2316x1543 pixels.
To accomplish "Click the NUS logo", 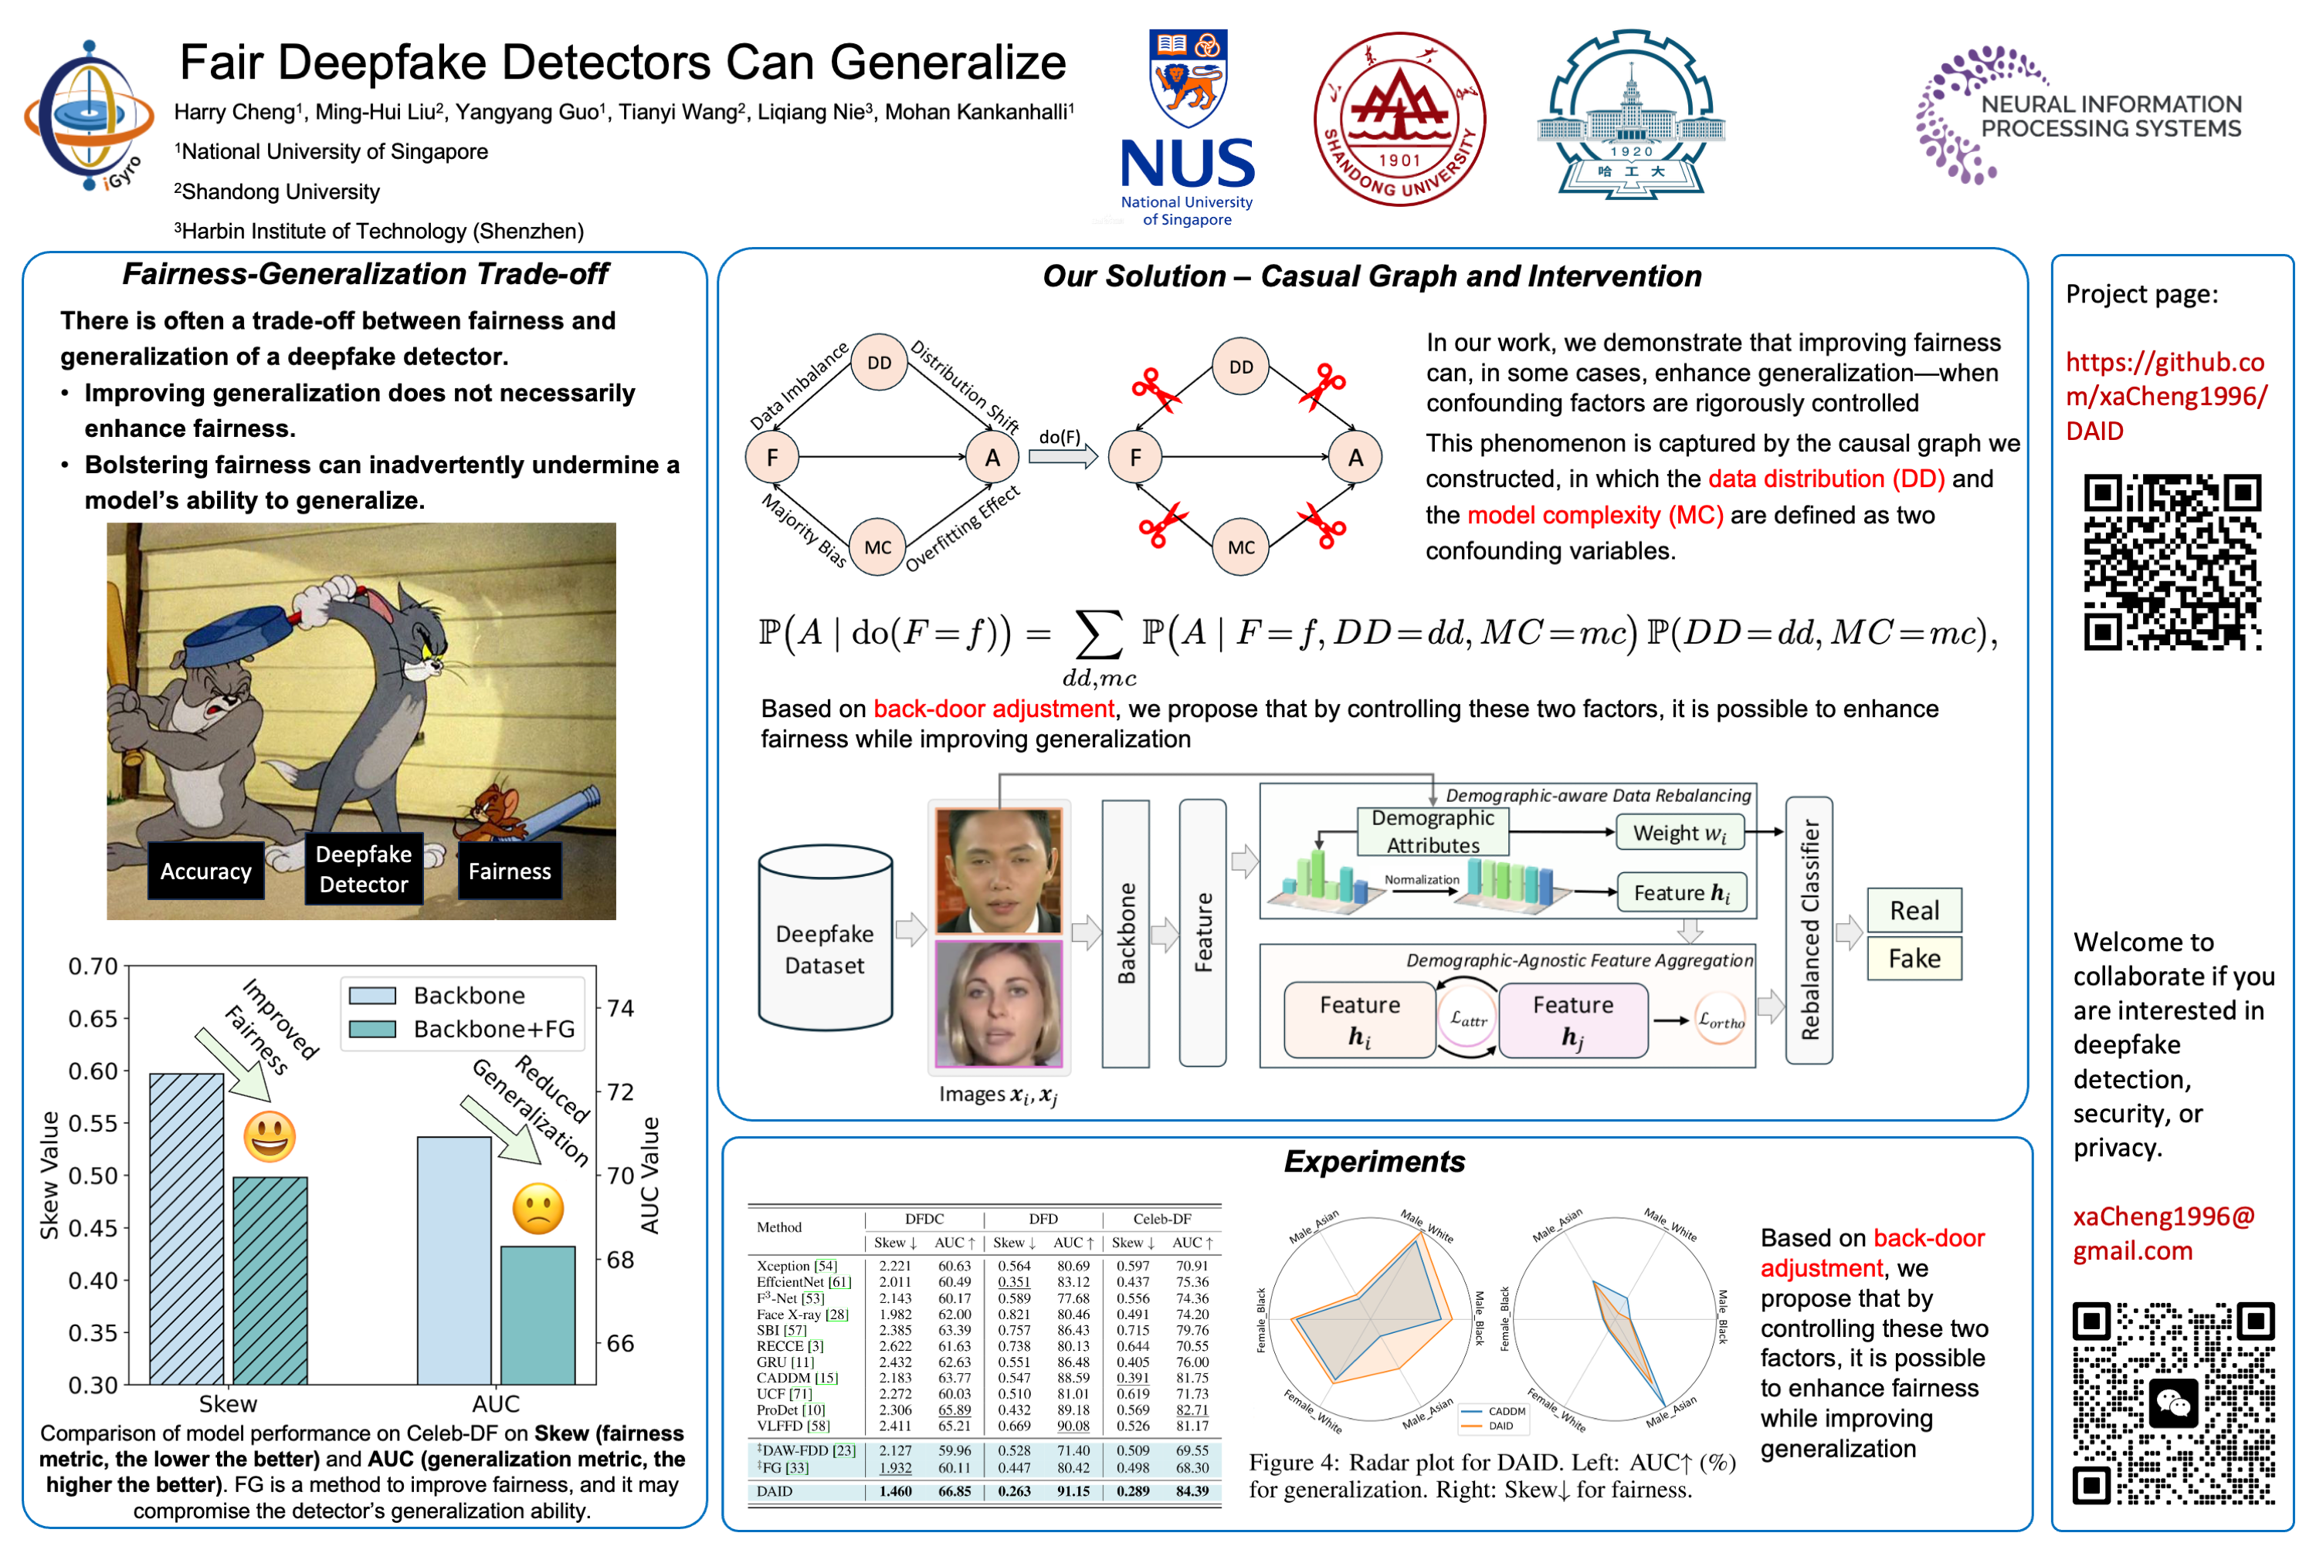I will pyautogui.click(x=1187, y=128).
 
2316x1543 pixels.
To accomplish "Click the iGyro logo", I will pyautogui.click(x=90, y=116).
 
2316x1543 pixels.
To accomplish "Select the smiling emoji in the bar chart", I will pyautogui.click(x=269, y=1136).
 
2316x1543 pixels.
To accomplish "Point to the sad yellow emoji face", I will pyautogui.click(x=537, y=1209).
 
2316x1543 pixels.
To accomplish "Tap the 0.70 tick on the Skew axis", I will pyautogui.click(x=93, y=966).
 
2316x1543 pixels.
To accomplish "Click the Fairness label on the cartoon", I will pyautogui.click(x=509, y=871).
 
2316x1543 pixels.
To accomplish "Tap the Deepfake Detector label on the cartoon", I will pyautogui.click(x=363, y=869).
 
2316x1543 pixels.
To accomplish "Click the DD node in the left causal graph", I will pyautogui.click(x=878, y=363).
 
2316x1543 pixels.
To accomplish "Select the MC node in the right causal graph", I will pyautogui.click(x=1240, y=547).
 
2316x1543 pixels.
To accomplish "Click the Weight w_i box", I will pyautogui.click(x=1678, y=833).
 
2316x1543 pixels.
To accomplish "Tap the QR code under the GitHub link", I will pyautogui.click(x=2172, y=562).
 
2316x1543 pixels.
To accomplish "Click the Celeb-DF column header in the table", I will pyautogui.click(x=1161, y=1218).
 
